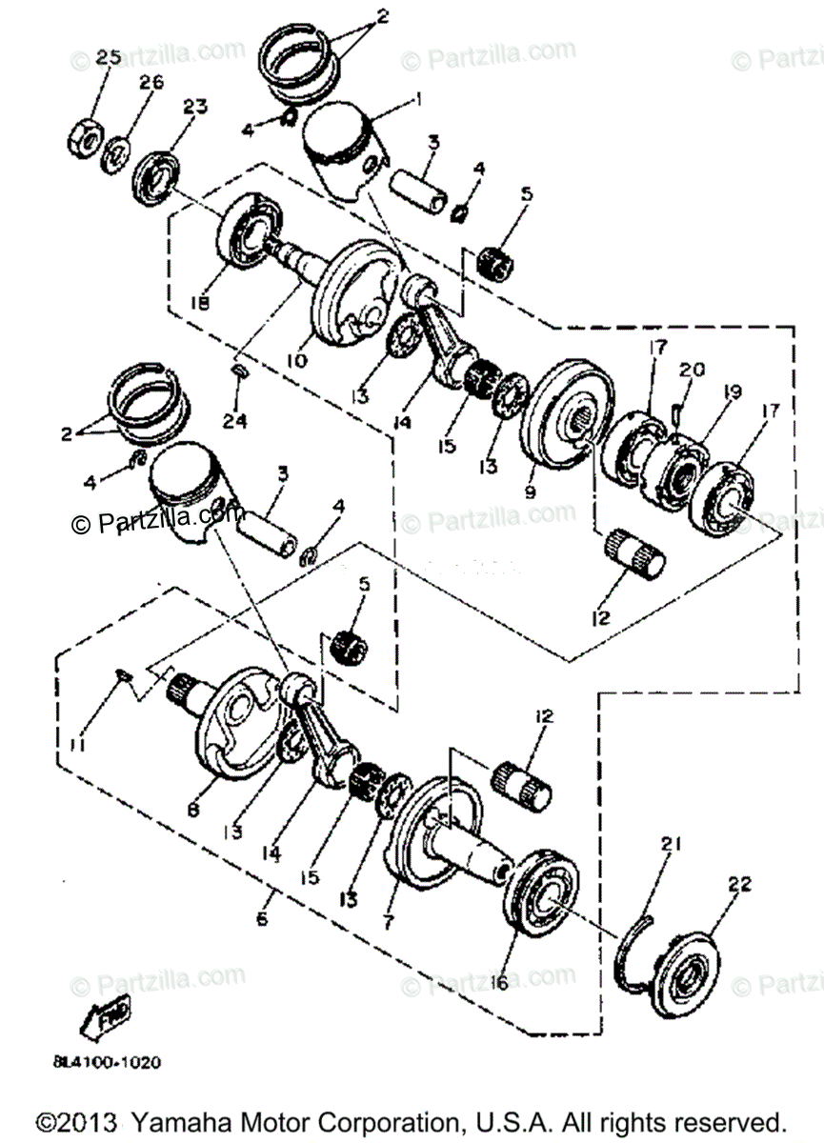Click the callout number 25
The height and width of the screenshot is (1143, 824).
pyautogui.click(x=108, y=58)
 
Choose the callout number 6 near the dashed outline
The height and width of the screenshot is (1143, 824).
pyautogui.click(x=263, y=921)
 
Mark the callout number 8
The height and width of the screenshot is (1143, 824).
pyautogui.click(x=193, y=810)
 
